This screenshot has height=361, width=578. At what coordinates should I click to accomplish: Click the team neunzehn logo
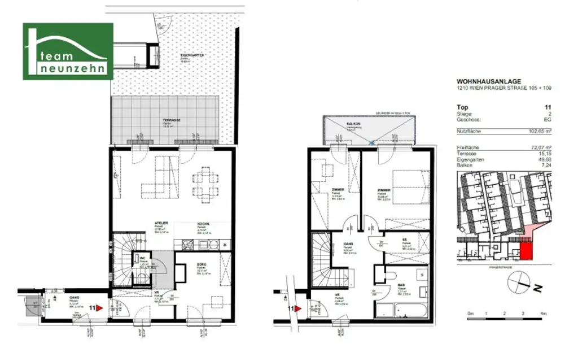[68, 51]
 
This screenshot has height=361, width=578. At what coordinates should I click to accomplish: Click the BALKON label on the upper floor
[353, 123]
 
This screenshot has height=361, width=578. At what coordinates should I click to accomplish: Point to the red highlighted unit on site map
[525, 249]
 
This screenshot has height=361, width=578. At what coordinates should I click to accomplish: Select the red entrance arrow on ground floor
[99, 308]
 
